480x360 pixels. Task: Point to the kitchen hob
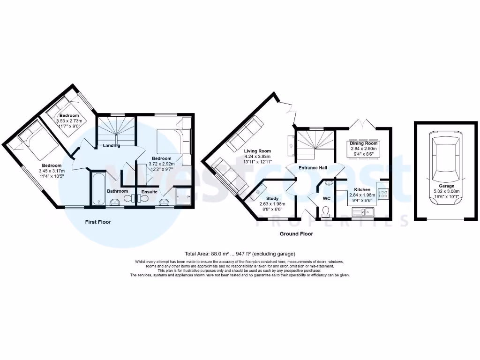click(382, 193)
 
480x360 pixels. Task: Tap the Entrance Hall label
click(314, 168)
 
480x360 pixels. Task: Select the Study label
click(272, 199)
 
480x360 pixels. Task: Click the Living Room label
click(258, 151)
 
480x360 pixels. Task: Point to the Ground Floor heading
click(296, 233)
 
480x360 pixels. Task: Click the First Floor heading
click(98, 222)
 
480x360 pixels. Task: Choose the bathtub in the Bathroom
click(97, 188)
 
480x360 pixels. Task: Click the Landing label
click(112, 145)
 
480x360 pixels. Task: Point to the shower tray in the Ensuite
click(183, 196)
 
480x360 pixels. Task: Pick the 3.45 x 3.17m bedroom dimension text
click(51, 171)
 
